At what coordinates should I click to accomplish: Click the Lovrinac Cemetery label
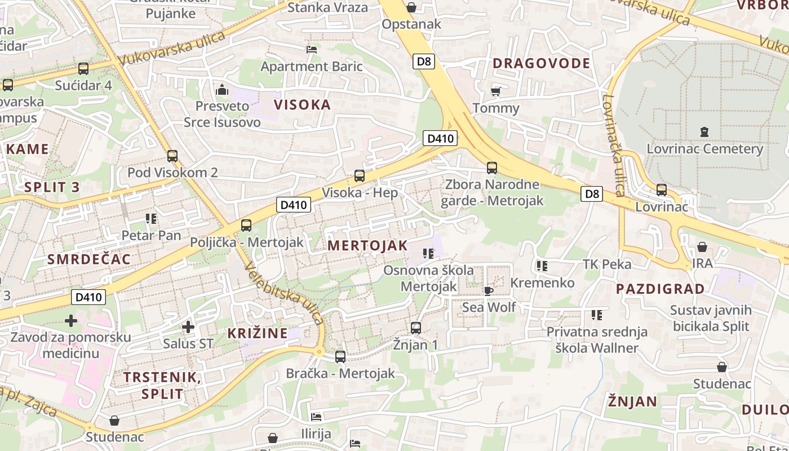[704, 149]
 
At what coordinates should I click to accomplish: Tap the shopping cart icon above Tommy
[496, 91]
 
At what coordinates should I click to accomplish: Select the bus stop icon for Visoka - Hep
[360, 175]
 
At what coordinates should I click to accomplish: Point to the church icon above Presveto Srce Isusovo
[222, 90]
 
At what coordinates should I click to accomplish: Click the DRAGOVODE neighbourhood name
[541, 63]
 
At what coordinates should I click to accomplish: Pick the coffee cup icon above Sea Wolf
[489, 291]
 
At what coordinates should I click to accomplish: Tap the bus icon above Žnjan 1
[416, 328]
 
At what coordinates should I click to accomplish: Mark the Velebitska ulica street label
[284, 294]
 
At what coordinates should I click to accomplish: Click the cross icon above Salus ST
[188, 326]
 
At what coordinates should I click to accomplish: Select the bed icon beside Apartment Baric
[312, 50]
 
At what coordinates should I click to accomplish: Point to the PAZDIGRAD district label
[660, 289]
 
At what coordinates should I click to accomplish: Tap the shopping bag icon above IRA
[702, 247]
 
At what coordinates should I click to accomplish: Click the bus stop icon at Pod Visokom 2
[172, 156]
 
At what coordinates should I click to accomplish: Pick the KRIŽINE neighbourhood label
[258, 333]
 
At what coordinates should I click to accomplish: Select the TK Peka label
[607, 264]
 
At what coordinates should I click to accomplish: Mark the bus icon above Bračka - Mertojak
[340, 356]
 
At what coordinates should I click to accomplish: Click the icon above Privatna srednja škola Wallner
[597, 315]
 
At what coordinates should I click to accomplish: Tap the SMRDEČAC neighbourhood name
[89, 259]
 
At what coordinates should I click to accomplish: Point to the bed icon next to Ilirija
[316, 417]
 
